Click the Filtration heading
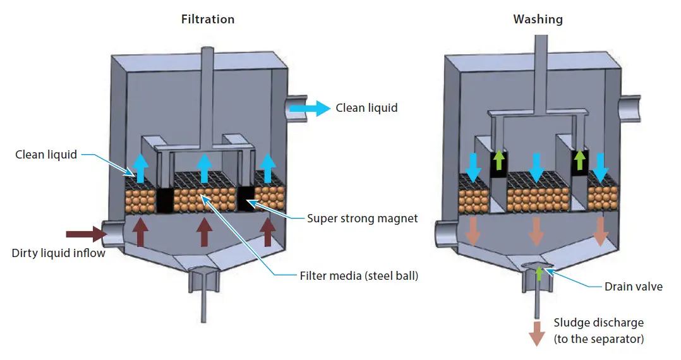click(208, 19)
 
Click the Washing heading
click(538, 19)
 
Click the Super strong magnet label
click(362, 219)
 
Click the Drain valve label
click(632, 287)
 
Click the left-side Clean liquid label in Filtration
click(46, 154)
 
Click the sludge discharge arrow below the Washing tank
click(536, 333)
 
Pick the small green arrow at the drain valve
click(539, 273)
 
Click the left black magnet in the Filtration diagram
click(164, 200)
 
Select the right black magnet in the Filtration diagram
click(245, 198)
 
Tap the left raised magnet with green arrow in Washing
click(499, 163)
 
